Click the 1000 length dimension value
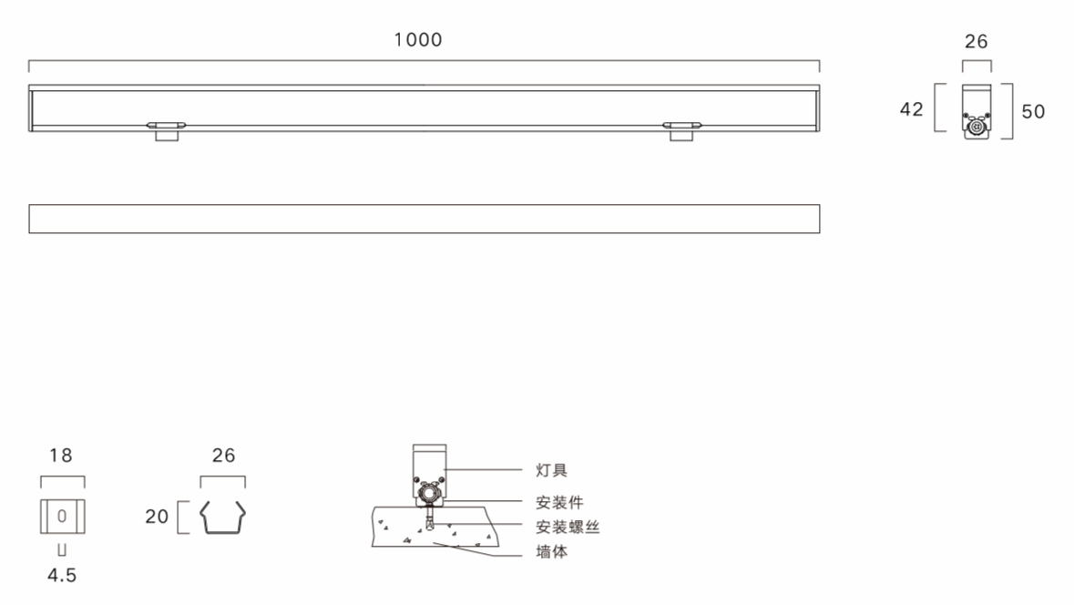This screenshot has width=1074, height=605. (x=418, y=40)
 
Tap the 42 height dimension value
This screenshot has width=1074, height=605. (x=911, y=110)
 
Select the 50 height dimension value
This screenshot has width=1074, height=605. (x=1033, y=112)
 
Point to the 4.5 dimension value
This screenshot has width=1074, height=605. (x=62, y=576)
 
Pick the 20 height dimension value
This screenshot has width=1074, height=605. (x=157, y=518)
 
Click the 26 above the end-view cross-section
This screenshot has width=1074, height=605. (x=976, y=42)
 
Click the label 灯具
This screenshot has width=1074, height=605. (x=552, y=470)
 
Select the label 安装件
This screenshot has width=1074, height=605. (x=559, y=501)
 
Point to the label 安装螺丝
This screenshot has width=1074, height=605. (x=568, y=527)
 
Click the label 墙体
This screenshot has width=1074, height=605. (x=552, y=552)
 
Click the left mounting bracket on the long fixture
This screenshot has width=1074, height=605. (x=167, y=129)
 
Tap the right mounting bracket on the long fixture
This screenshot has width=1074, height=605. (x=680, y=129)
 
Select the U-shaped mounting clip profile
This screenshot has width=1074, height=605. (x=223, y=517)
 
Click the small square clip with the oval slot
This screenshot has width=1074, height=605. (x=62, y=516)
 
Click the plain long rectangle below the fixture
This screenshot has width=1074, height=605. (x=424, y=219)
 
